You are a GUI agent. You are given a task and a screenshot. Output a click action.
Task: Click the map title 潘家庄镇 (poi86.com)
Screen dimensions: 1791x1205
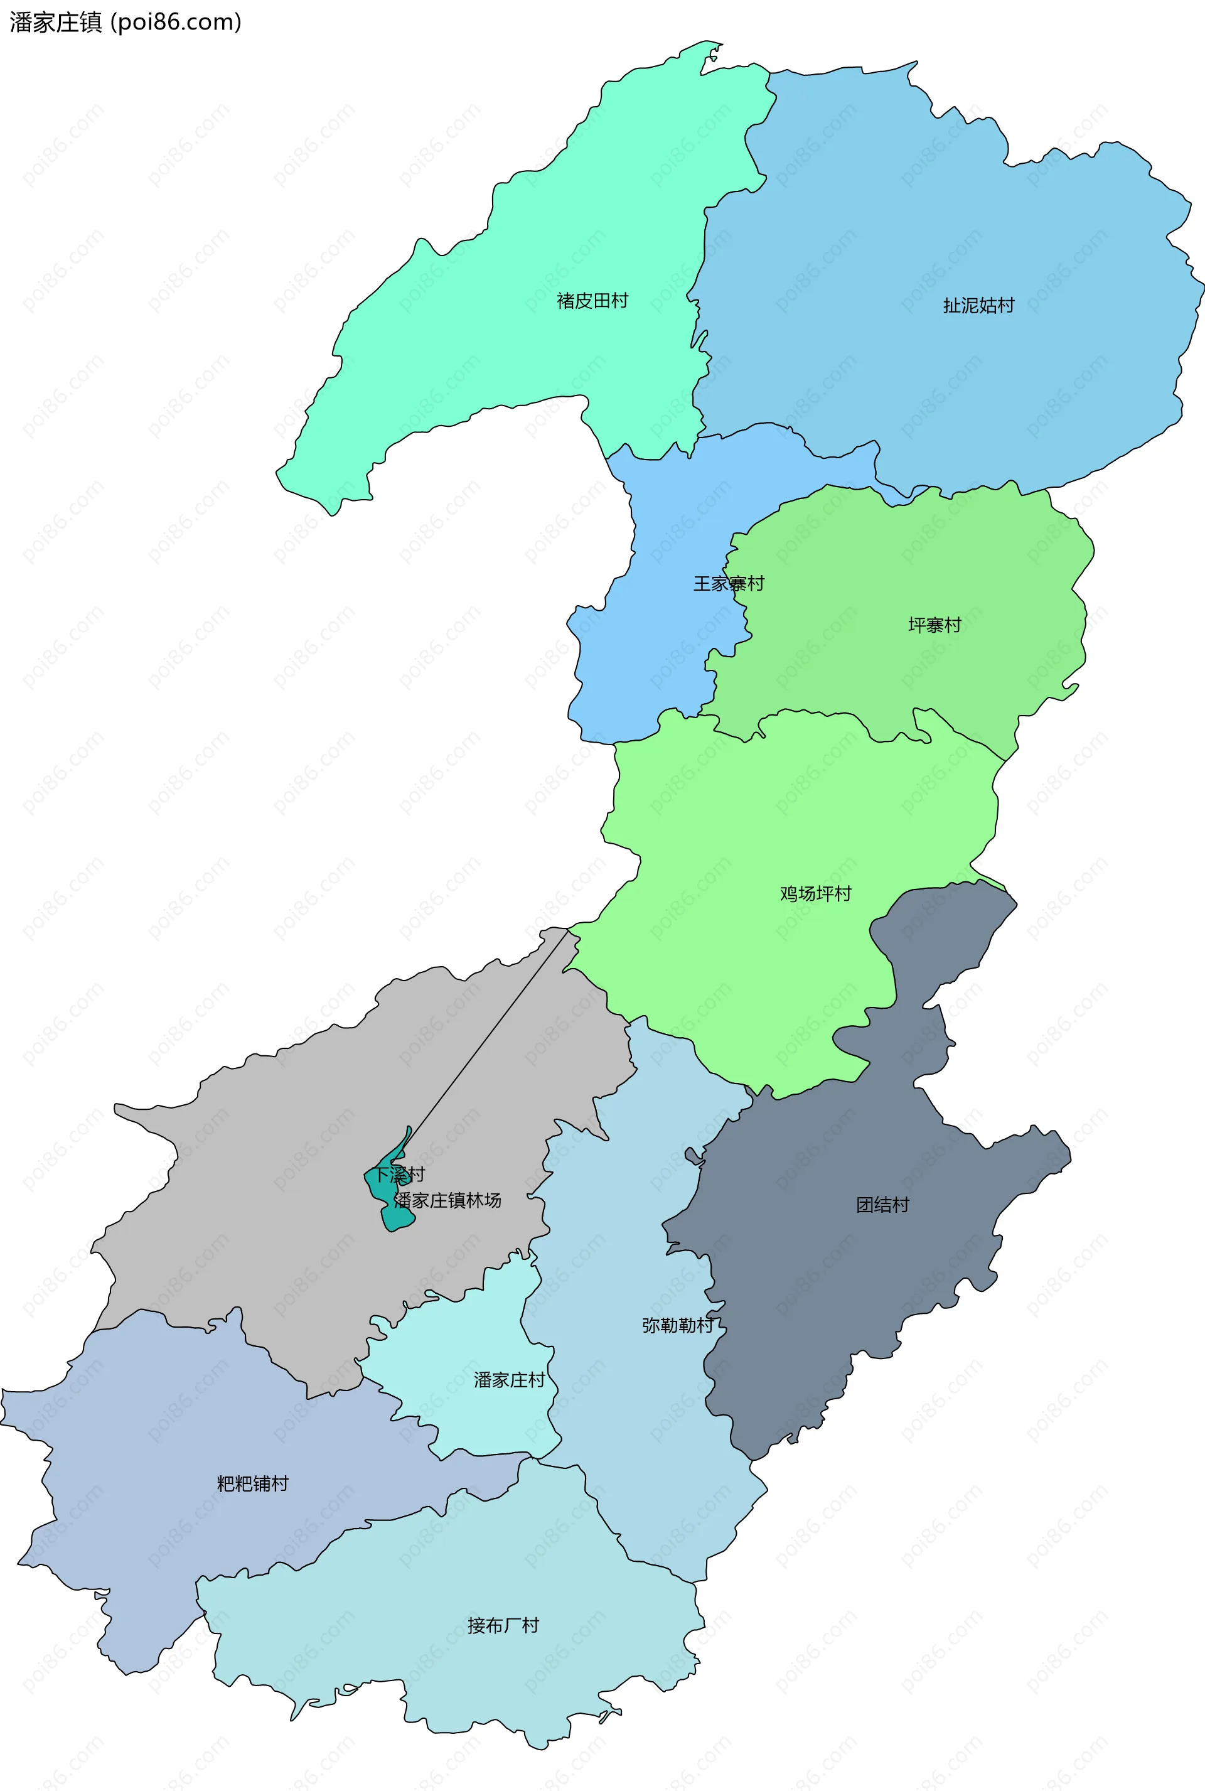click(x=126, y=23)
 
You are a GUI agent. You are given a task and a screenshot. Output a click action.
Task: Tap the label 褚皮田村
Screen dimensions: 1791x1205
click(x=592, y=301)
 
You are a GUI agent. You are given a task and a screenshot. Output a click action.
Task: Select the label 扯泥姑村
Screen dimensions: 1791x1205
click(x=978, y=305)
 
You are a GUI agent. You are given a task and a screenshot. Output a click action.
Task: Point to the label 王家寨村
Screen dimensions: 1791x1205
click(x=728, y=583)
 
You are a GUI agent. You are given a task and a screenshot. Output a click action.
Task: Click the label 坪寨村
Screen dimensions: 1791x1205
click(x=934, y=625)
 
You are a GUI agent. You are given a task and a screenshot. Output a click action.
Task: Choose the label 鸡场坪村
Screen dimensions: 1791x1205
click(x=815, y=893)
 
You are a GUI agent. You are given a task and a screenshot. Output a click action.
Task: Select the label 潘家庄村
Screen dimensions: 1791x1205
click(x=509, y=1380)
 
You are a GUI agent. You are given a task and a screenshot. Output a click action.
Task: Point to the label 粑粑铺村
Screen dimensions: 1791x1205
click(x=252, y=1483)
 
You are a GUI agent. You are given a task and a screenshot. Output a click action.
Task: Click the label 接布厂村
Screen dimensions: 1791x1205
click(x=503, y=1626)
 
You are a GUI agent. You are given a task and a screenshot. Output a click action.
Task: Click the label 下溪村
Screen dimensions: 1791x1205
click(x=400, y=1175)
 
